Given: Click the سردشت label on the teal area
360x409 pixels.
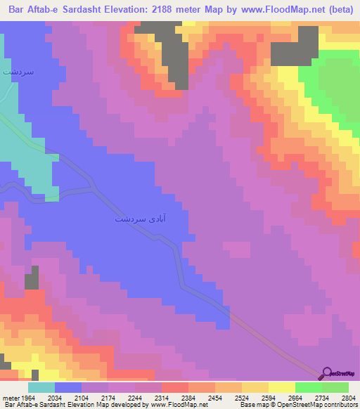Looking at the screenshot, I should click(19, 72).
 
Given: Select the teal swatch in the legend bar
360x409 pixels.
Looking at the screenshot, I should click(41, 388).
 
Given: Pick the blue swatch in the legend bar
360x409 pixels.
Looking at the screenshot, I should click(68, 388).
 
